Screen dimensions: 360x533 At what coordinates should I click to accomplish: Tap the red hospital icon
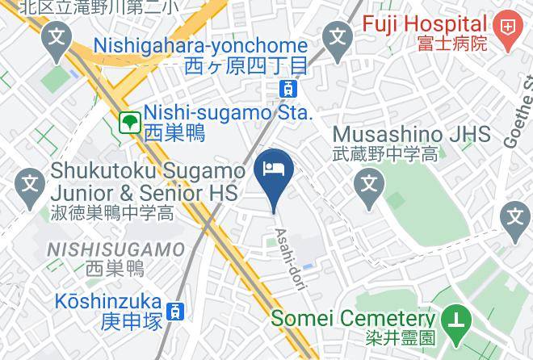click(x=508, y=26)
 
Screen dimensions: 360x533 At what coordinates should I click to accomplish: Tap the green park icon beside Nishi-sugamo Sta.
click(x=129, y=123)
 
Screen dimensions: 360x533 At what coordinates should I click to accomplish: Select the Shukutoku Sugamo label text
click(x=148, y=171)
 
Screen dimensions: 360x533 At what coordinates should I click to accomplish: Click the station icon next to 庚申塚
click(x=174, y=310)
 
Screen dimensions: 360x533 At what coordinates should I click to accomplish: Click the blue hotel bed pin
click(x=274, y=170)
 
